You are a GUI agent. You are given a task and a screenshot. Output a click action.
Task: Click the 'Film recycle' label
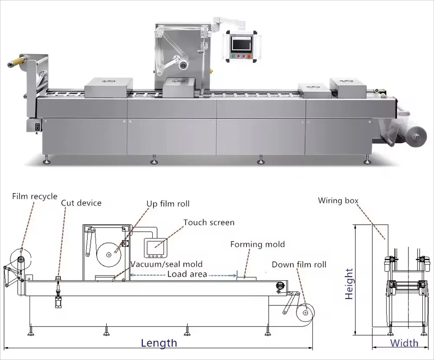pyautogui.click(x=34, y=196)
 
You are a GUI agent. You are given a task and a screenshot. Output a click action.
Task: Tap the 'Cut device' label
pyautogui.click(x=81, y=203)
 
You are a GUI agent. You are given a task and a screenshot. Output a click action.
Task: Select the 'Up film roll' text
pyautogui.click(x=168, y=203)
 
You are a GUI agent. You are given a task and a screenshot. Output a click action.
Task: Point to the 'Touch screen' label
pyautogui.click(x=209, y=223)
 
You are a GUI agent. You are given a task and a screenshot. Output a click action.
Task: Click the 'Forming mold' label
pyautogui.click(x=257, y=244)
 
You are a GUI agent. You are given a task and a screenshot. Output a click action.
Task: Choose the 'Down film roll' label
pyautogui.click(x=299, y=264)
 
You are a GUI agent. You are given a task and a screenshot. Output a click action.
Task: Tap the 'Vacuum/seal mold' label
pyautogui.click(x=167, y=264)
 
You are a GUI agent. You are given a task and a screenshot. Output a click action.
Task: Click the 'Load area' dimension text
pyautogui.click(x=187, y=274)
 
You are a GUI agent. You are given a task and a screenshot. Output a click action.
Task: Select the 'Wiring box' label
pyautogui.click(x=338, y=200)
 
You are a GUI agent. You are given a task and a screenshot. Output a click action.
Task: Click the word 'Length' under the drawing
pyautogui.click(x=159, y=343)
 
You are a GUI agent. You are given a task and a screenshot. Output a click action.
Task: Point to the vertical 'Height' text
pyautogui.click(x=349, y=284)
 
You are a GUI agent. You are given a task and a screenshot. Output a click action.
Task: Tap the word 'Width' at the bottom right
pyautogui.click(x=404, y=343)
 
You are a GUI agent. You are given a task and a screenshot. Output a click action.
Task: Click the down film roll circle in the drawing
pyautogui.click(x=305, y=311)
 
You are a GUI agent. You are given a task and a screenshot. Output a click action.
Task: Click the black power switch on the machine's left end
pyautogui.click(x=37, y=127)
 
